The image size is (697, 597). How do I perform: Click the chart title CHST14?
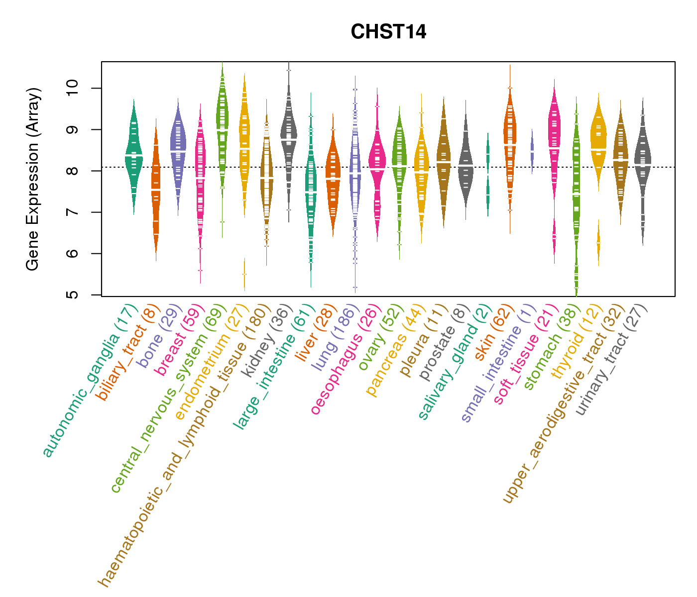388,32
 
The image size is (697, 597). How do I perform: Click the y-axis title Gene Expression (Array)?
33,179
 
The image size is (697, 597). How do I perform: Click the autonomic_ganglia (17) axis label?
89,381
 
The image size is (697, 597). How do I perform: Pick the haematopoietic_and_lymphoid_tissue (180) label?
183,443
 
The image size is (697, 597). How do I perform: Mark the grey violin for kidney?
289,134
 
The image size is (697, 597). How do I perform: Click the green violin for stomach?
577,199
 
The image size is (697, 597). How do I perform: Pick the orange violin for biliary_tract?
156,189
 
